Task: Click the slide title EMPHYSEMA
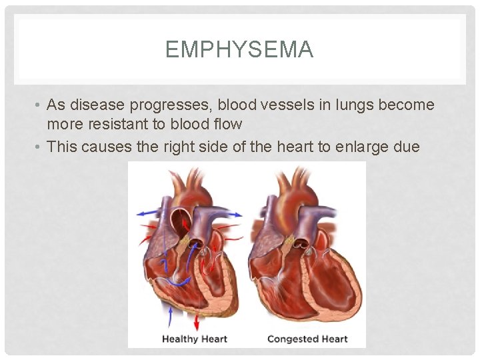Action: point(239,50)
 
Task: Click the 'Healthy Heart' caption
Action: point(194,339)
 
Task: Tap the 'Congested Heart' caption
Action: point(307,339)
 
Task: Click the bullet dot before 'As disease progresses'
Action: point(39,105)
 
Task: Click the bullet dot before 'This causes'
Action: point(39,147)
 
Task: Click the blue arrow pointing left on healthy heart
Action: point(141,213)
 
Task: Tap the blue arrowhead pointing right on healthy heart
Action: point(237,215)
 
